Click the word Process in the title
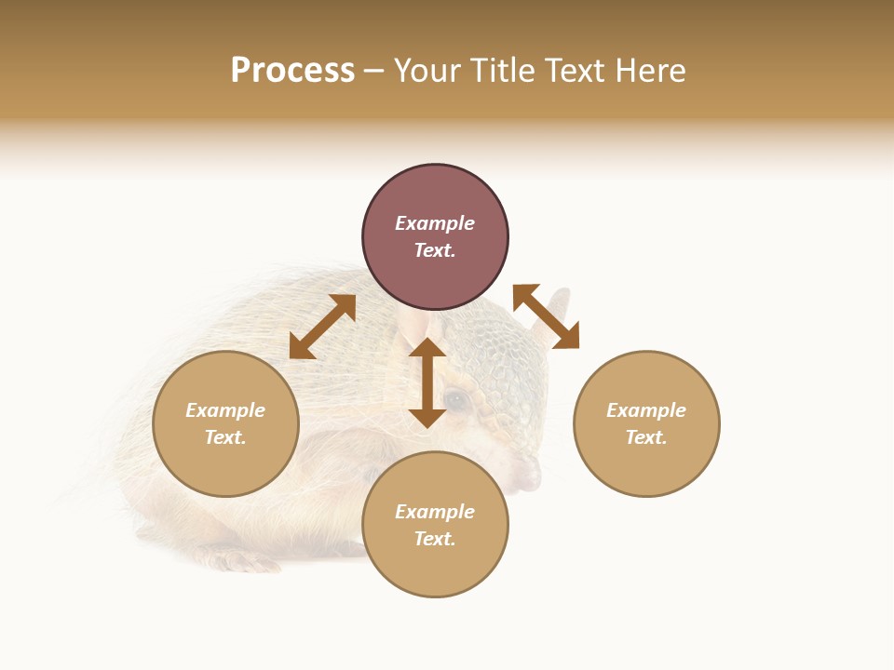pyautogui.click(x=292, y=71)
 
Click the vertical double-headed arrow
pyautogui.click(x=427, y=382)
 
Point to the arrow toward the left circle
pyautogui.click(x=322, y=327)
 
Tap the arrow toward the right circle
pyautogui.click(x=546, y=316)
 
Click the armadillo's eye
pyautogui.click(x=456, y=400)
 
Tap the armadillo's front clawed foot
pyautogui.click(x=237, y=560)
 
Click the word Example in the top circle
pyautogui.click(x=435, y=223)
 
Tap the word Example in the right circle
pyautogui.click(x=646, y=410)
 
